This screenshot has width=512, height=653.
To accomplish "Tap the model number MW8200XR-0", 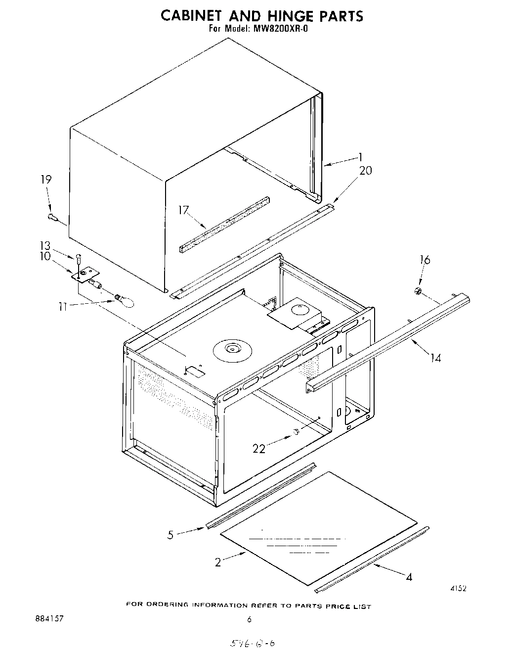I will (281, 29).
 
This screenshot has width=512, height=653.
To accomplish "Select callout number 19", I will (45, 180).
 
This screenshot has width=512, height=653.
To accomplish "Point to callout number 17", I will (184, 210).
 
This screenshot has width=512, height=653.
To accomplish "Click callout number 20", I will (365, 171).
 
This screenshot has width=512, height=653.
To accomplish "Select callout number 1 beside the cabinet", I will (360, 157).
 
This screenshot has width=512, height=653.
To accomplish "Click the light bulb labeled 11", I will (124, 300).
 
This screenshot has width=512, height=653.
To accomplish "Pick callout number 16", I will (425, 260).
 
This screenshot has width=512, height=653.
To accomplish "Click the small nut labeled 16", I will (418, 292).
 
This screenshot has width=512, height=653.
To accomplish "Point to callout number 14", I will (435, 357).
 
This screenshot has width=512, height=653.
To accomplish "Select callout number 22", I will (259, 448).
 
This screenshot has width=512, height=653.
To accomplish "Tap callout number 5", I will (171, 535).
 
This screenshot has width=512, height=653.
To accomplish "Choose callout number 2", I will (218, 562).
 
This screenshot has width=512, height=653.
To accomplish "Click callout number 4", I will (409, 576).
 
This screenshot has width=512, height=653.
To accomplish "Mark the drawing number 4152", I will (458, 588).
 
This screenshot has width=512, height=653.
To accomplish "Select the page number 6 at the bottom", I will (250, 619).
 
